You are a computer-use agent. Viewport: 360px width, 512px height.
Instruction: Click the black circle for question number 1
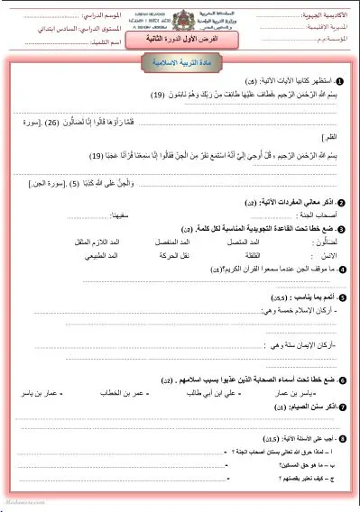327,80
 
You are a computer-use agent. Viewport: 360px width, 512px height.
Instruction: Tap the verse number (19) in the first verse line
133,95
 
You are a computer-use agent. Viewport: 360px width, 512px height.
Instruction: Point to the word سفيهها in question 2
106,216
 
